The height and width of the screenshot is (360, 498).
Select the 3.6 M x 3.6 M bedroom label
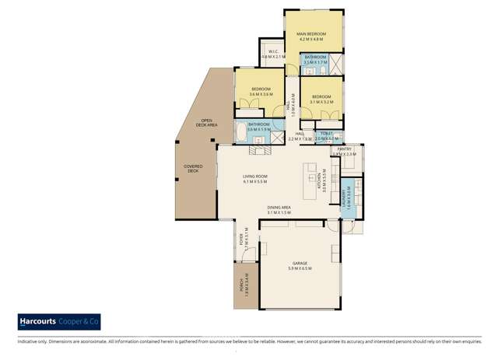(x=261, y=90)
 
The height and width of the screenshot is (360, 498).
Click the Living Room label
(x=254, y=180)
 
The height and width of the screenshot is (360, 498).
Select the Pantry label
(x=345, y=150)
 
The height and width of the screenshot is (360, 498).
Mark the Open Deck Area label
(x=207, y=122)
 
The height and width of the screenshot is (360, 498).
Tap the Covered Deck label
(x=192, y=168)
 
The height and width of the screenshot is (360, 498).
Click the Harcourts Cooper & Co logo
(x=58, y=321)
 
